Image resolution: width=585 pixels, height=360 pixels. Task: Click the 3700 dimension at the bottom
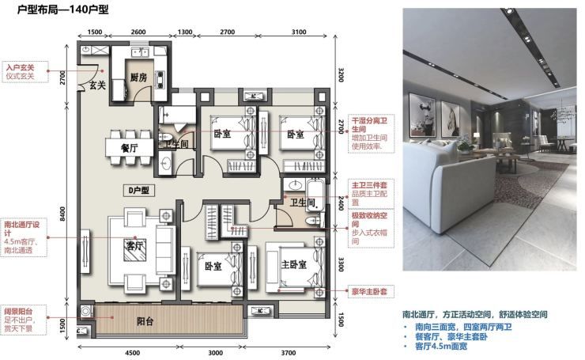pyautogui.click(x=292, y=353)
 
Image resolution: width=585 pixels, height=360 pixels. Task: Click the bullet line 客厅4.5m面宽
pyautogui.click(x=447, y=347)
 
